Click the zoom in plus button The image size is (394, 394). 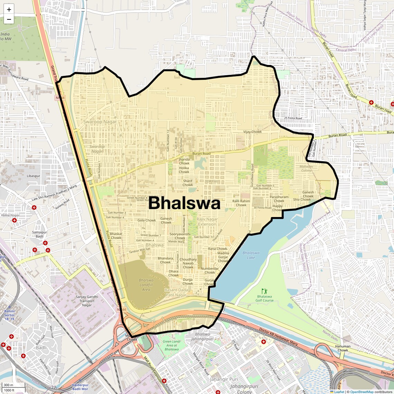(9, 10)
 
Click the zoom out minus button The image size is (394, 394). (9, 19)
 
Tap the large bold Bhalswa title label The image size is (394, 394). (184, 203)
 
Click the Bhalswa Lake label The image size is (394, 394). (251, 255)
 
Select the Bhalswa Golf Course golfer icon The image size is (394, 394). (264, 291)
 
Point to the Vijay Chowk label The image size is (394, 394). (252, 132)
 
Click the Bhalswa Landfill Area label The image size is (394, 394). (146, 285)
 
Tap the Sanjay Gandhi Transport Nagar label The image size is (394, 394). (87, 301)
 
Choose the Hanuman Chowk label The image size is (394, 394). (343, 348)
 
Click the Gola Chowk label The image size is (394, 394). (147, 220)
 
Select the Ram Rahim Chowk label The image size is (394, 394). (241, 203)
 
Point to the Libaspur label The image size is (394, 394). (34, 176)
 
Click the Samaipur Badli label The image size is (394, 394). (39, 234)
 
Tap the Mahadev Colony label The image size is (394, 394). (306, 168)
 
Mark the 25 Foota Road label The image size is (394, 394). (293, 118)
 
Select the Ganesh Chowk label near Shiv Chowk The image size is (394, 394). (308, 194)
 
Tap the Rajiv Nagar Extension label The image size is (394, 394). (207, 222)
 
